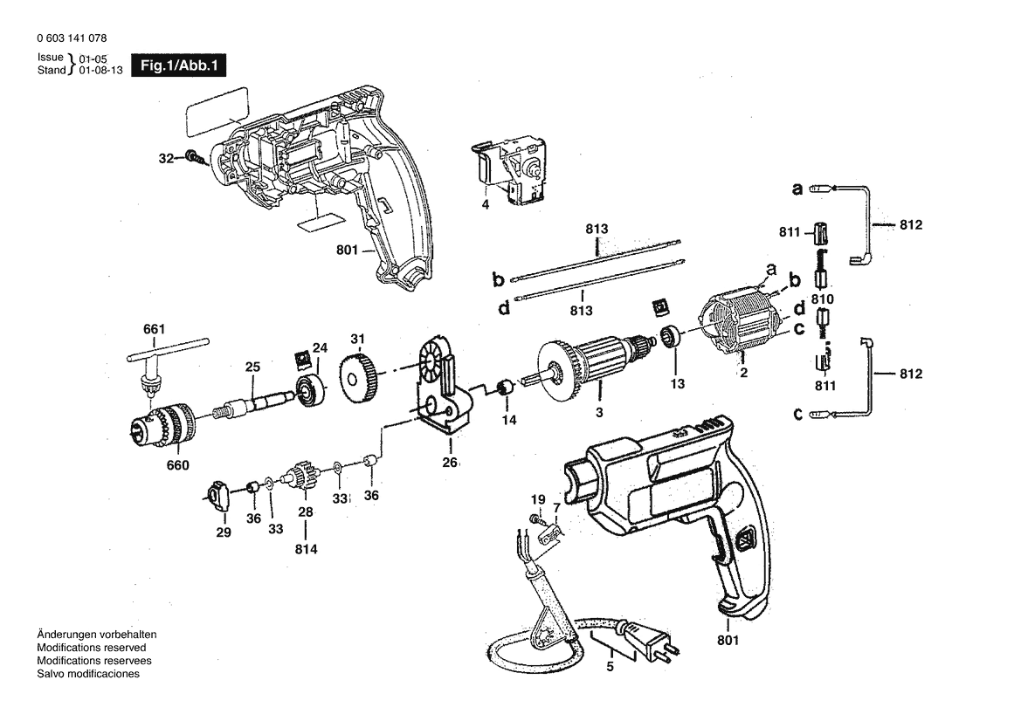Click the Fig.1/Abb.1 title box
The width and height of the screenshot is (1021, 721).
178,65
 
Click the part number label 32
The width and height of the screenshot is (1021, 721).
166,159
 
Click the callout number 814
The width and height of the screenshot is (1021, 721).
306,549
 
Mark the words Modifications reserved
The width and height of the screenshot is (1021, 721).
91,648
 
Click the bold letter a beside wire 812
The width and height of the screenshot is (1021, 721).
797,188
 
